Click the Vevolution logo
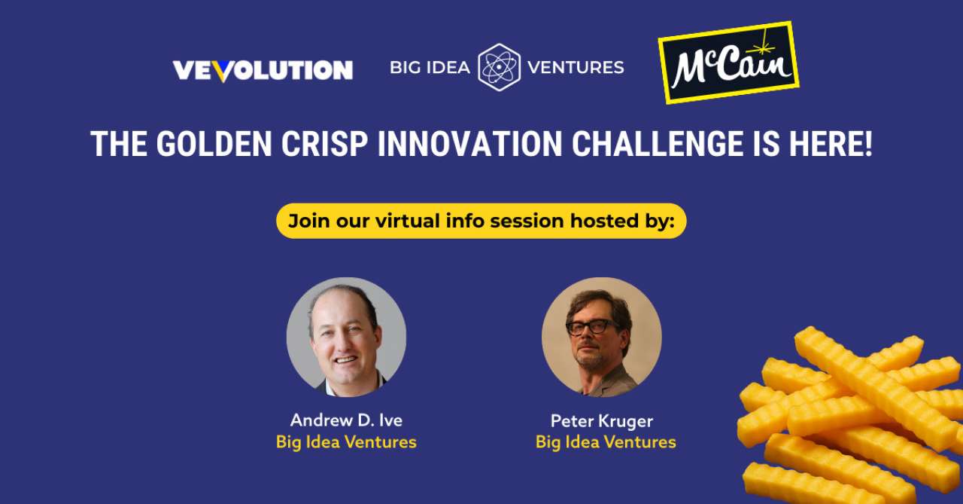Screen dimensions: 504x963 [263, 71]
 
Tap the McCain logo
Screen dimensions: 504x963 [728, 63]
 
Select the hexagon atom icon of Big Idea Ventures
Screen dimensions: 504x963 [499, 67]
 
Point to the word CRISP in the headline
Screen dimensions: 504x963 [323, 144]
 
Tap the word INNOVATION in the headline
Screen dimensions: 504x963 [469, 144]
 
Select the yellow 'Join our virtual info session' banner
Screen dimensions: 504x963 [481, 221]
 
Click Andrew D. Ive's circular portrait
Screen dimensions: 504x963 [346, 337]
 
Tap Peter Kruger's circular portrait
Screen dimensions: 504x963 [602, 337]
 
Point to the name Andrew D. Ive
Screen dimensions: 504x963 [346, 420]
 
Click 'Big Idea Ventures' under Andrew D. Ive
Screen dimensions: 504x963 [346, 442]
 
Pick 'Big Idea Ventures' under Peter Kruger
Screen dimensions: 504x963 [606, 442]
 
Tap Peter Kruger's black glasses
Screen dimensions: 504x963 [592, 327]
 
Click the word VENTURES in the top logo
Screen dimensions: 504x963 [576, 68]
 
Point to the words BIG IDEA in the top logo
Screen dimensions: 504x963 [430, 68]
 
